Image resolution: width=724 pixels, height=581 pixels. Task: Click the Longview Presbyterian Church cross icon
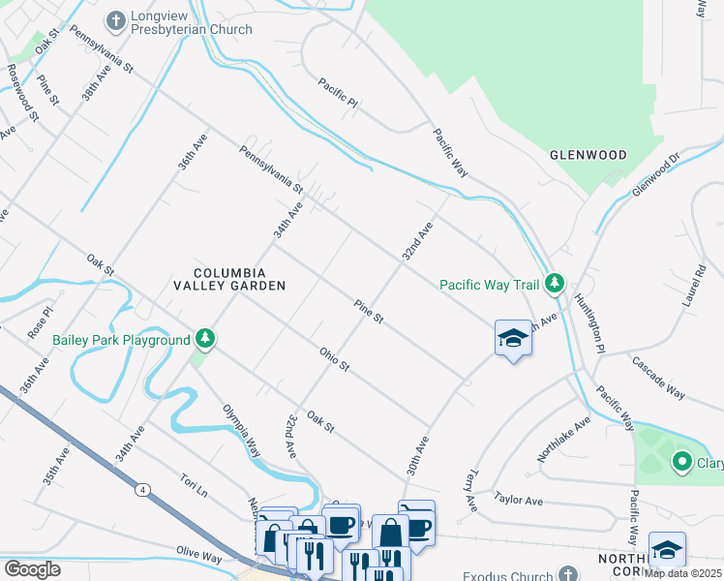[x=116, y=20]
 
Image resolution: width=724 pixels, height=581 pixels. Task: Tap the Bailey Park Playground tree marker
[x=204, y=339]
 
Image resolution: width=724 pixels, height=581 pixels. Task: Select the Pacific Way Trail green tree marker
[x=555, y=284]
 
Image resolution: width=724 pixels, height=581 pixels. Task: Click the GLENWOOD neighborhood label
[x=588, y=155]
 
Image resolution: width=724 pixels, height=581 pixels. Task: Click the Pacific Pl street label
[x=339, y=94]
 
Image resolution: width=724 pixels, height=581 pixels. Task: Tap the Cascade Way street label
[x=658, y=377]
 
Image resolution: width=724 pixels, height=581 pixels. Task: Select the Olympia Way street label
[x=242, y=431]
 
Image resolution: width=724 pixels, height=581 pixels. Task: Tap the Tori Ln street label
[x=194, y=484]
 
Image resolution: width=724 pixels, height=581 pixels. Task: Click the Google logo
[x=32, y=568]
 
